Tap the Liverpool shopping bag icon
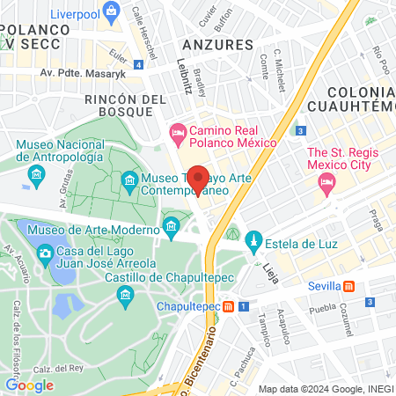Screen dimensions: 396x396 (x=110, y=11)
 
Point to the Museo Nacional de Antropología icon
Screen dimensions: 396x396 (x=37, y=176)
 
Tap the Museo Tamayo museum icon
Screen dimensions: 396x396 (x=129, y=182)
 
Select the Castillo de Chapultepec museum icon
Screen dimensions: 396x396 (x=126, y=294)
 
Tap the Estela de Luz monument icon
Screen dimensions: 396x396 (x=253, y=239)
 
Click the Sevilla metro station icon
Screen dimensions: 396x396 (x=349, y=286)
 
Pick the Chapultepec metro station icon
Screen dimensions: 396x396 (x=228, y=307)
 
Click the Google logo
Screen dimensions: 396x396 (x=29, y=385)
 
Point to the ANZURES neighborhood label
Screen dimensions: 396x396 (x=217, y=43)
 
